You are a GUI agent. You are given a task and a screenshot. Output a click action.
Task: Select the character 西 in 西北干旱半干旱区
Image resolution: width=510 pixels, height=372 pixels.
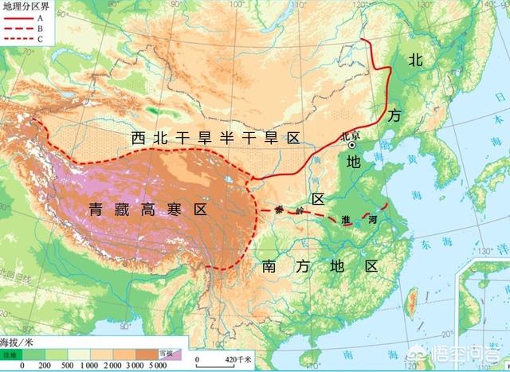[x=139, y=139]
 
